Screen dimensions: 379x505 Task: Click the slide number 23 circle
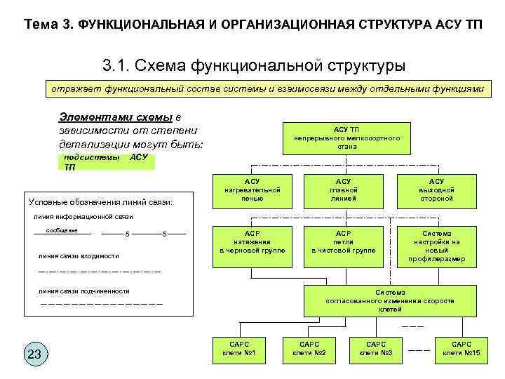34,354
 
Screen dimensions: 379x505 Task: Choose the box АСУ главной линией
344,190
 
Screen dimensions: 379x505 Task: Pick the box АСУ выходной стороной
436,190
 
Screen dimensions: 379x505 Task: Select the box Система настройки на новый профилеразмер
436,246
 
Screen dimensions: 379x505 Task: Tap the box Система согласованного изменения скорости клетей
390,300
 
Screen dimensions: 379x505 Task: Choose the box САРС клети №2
309,348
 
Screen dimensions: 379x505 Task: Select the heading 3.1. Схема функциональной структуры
254,67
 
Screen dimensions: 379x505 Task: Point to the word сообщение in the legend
62,230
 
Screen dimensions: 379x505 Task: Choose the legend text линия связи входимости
79,256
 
